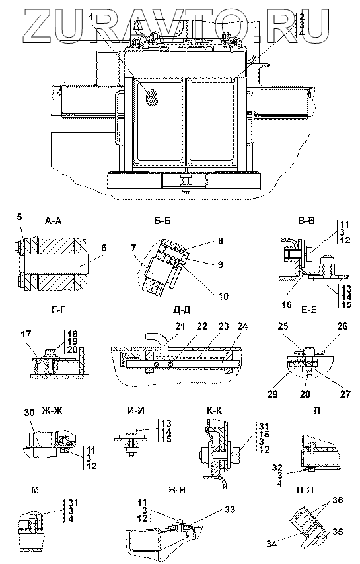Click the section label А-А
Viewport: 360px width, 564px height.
point(54,221)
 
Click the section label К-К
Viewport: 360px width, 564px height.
point(214,411)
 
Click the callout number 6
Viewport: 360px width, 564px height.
point(104,248)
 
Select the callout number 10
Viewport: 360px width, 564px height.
point(223,296)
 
